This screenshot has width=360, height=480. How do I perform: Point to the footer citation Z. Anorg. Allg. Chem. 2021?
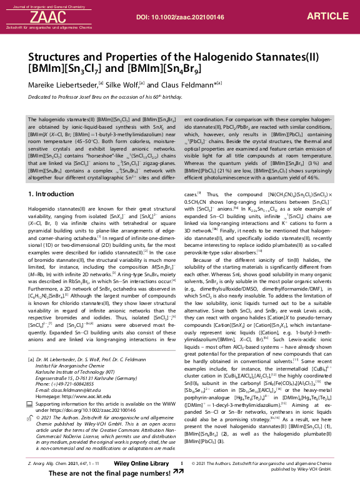56,463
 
